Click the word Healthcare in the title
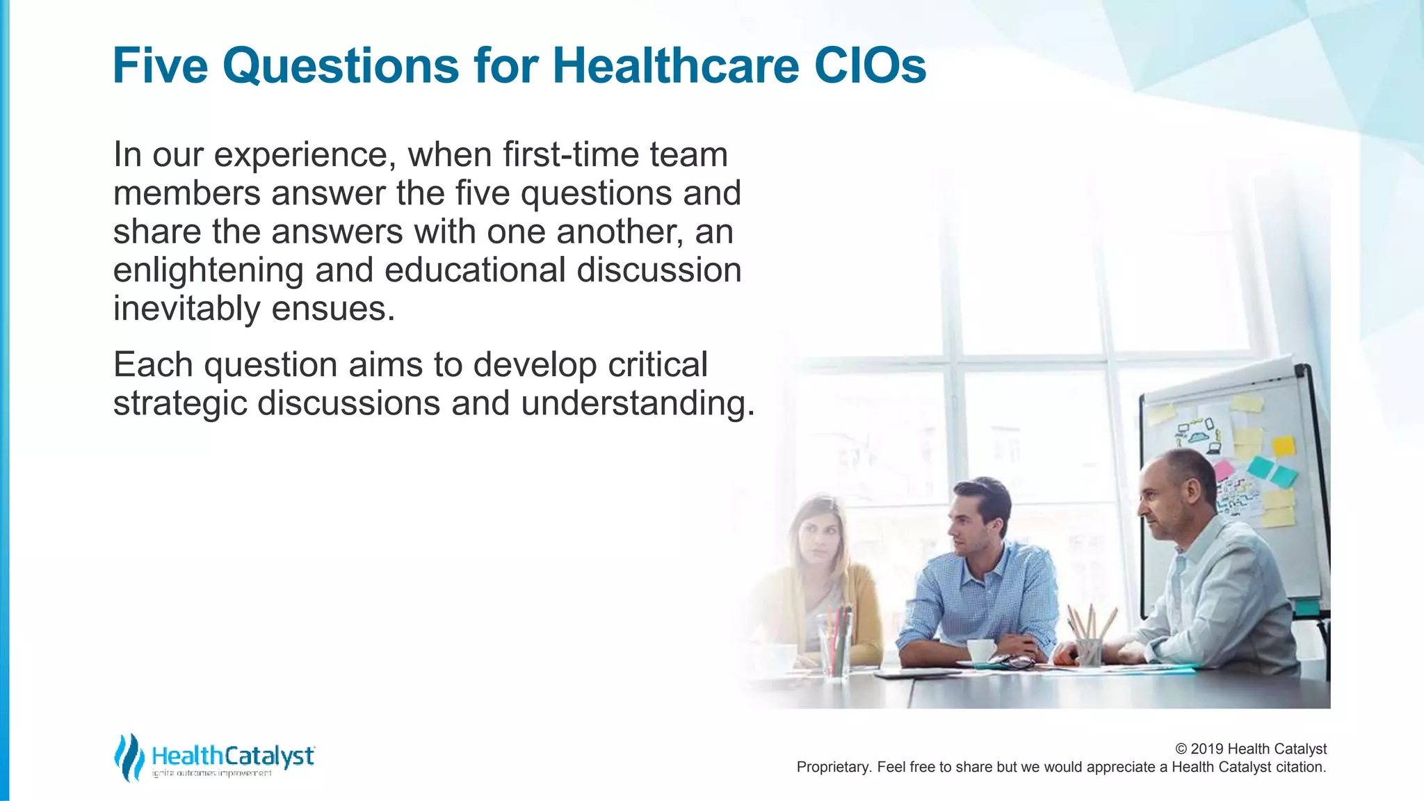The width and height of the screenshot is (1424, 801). pyautogui.click(x=675, y=65)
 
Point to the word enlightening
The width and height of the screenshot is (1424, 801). pyautogui.click(x=208, y=271)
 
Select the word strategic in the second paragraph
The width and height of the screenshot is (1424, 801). pyautogui.click(x=180, y=404)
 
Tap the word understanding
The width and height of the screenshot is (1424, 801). pyautogui.click(x=638, y=404)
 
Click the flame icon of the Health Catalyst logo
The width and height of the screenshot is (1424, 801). pyautogui.click(x=128, y=757)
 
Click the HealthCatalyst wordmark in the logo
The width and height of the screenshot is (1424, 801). pyautogui.click(x=233, y=756)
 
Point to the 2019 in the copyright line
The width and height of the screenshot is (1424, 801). pyautogui.click(x=1207, y=749)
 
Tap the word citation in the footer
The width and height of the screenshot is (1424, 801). pyautogui.click(x=1300, y=767)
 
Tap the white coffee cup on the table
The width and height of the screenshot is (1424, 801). pyautogui.click(x=981, y=650)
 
